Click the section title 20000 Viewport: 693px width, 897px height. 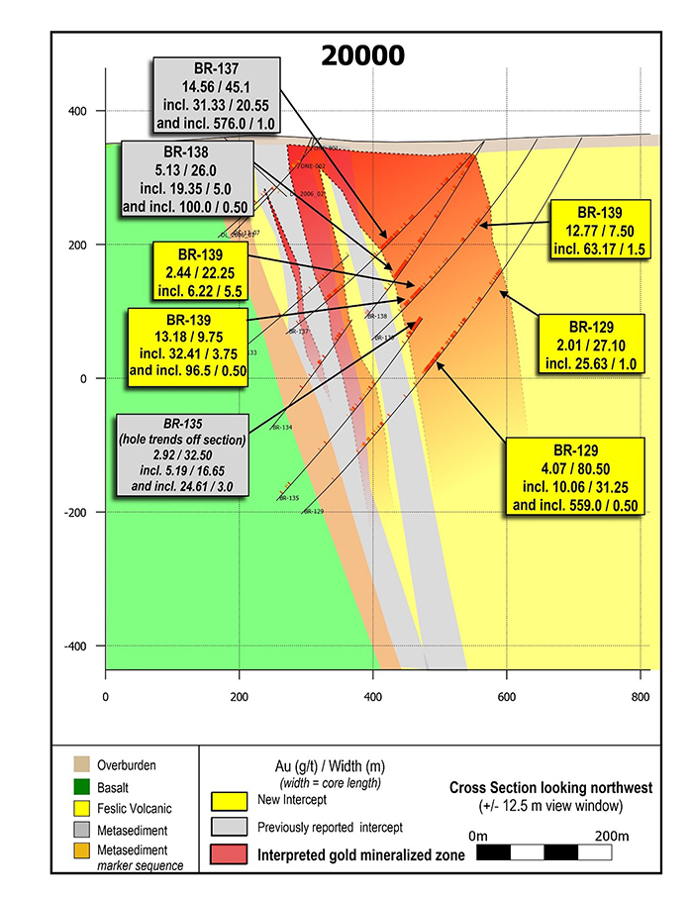361,55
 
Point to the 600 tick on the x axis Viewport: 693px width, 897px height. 506,695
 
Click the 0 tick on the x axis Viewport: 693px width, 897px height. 105,695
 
